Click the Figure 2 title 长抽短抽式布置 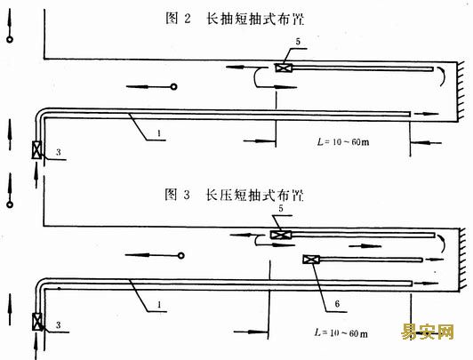[x=255, y=19]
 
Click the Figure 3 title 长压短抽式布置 [x=254, y=195]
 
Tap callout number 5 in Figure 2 [x=298, y=42]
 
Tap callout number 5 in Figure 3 [x=281, y=208]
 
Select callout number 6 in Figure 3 [x=337, y=304]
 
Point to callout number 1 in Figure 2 [x=159, y=133]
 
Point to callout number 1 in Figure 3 [x=159, y=305]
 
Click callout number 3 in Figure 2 [x=58, y=152]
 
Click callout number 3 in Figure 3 [x=58, y=325]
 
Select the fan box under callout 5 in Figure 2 [x=284, y=68]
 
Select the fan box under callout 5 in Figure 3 [x=281, y=235]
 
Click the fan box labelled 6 [x=311, y=260]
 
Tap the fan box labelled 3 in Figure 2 [x=36, y=150]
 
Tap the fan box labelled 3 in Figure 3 [x=37, y=322]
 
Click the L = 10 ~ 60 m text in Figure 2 [x=343, y=141]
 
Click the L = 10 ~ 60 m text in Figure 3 [x=341, y=332]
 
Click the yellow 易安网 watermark [x=428, y=332]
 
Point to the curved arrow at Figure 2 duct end [x=443, y=76]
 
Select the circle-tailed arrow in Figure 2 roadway [x=152, y=87]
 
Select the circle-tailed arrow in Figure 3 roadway [x=155, y=255]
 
